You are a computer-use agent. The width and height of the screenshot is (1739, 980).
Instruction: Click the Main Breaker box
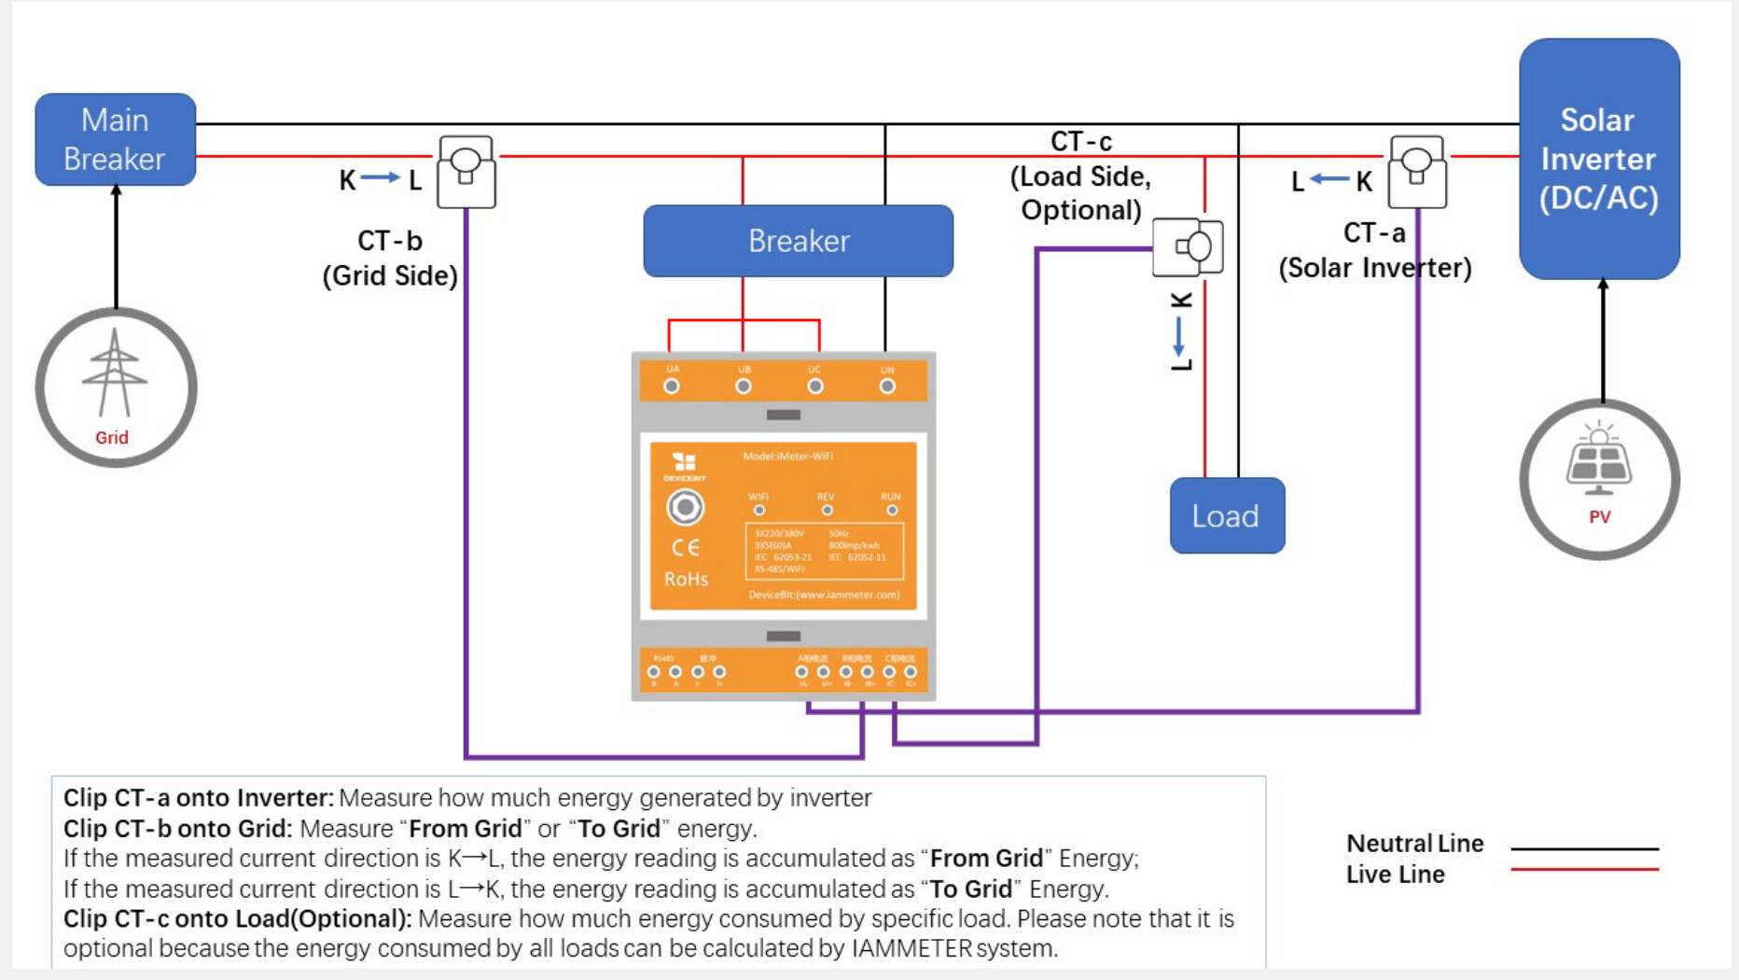(115, 139)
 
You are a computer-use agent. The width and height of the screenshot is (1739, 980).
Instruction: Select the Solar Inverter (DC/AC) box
(1598, 159)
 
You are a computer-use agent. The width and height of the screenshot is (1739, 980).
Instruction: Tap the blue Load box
(1226, 516)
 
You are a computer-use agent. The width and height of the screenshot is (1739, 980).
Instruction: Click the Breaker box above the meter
(798, 241)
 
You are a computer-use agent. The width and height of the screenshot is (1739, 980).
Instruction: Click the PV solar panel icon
(1599, 462)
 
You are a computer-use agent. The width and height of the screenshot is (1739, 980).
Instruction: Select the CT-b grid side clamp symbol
(466, 172)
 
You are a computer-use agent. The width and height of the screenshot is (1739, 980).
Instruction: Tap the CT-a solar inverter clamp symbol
(1417, 172)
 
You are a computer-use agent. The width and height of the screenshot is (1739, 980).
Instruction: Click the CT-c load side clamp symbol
(1188, 247)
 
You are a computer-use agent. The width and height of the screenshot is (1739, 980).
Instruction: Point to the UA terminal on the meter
(672, 386)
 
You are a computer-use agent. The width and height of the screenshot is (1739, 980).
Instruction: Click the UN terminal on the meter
(887, 386)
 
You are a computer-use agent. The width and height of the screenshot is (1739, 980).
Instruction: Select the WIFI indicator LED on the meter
(758, 511)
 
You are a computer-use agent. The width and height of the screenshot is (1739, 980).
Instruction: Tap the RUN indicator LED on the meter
(892, 511)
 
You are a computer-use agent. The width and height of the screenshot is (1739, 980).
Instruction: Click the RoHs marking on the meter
(686, 580)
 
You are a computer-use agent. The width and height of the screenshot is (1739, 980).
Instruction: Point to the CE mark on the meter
(686, 548)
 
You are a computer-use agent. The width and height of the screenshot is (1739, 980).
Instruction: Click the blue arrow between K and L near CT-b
(380, 177)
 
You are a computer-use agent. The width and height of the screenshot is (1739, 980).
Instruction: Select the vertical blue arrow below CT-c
(1179, 336)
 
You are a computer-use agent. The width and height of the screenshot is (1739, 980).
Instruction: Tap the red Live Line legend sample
(1584, 870)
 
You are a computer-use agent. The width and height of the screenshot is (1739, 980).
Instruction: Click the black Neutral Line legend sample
(1584, 848)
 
